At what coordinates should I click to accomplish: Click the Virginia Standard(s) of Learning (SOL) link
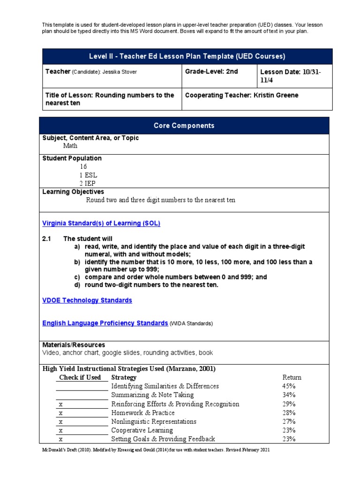click(101, 223)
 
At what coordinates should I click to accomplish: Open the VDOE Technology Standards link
click(87, 300)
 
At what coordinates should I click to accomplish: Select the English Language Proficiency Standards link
click(105, 323)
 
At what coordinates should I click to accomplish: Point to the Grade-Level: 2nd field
click(211, 71)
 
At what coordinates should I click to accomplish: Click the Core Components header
click(184, 126)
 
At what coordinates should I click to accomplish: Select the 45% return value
click(289, 386)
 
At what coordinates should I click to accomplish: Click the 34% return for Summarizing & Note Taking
click(289, 395)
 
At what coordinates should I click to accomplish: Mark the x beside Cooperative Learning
click(61, 430)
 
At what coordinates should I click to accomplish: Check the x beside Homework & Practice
click(61, 413)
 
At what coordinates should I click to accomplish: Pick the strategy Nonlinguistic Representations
click(154, 421)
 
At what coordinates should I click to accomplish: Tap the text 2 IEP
click(88, 183)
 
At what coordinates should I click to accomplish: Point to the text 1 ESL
click(88, 175)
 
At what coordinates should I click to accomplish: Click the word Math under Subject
click(70, 146)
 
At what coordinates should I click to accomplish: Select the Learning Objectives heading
click(73, 192)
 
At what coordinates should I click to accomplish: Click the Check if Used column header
click(80, 377)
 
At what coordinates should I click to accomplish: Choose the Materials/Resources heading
click(74, 345)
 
